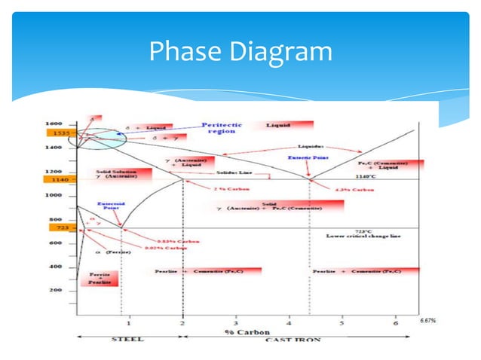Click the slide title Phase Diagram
(240, 51)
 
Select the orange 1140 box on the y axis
(61, 180)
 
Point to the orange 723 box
(60, 227)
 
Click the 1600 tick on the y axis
(54, 123)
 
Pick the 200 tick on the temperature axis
(56, 290)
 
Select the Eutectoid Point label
(112, 206)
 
